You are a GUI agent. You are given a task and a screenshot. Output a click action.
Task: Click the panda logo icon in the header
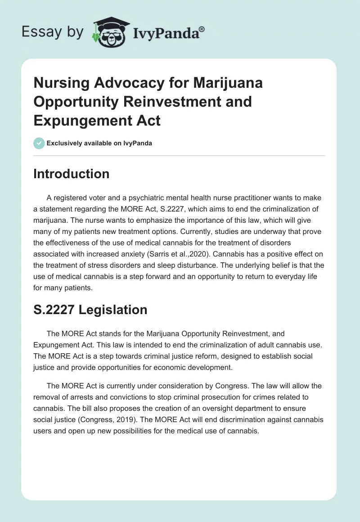coord(108,31)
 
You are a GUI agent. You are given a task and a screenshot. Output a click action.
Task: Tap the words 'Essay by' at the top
coord(53,32)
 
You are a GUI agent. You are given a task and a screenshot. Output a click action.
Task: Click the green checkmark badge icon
coord(39,143)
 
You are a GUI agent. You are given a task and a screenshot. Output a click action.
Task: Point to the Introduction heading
coord(71,174)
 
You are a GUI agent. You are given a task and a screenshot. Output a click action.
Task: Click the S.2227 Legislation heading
coord(90,310)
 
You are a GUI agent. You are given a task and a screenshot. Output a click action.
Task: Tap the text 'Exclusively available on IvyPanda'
coord(99,144)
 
